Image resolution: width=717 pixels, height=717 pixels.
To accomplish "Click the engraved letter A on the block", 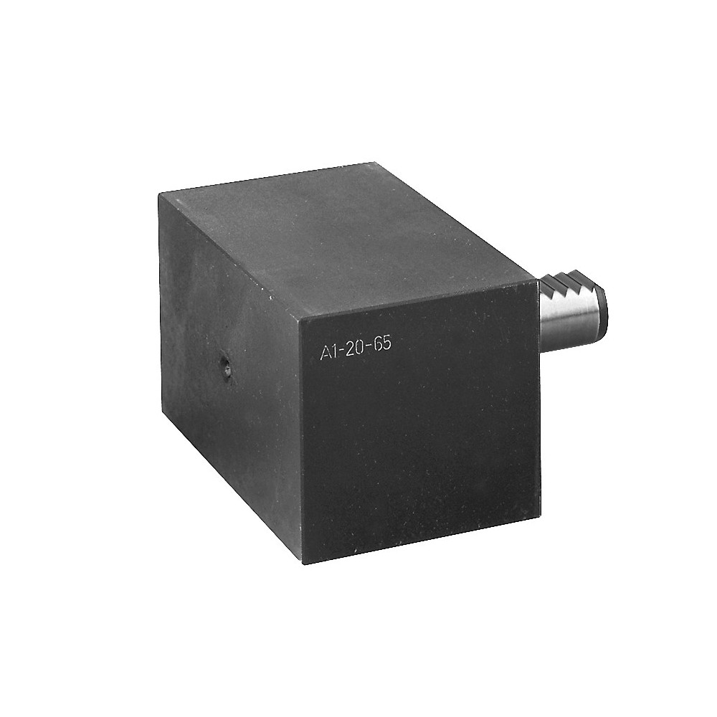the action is coord(325,352).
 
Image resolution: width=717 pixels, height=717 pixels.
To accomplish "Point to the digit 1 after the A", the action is coord(334,351).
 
